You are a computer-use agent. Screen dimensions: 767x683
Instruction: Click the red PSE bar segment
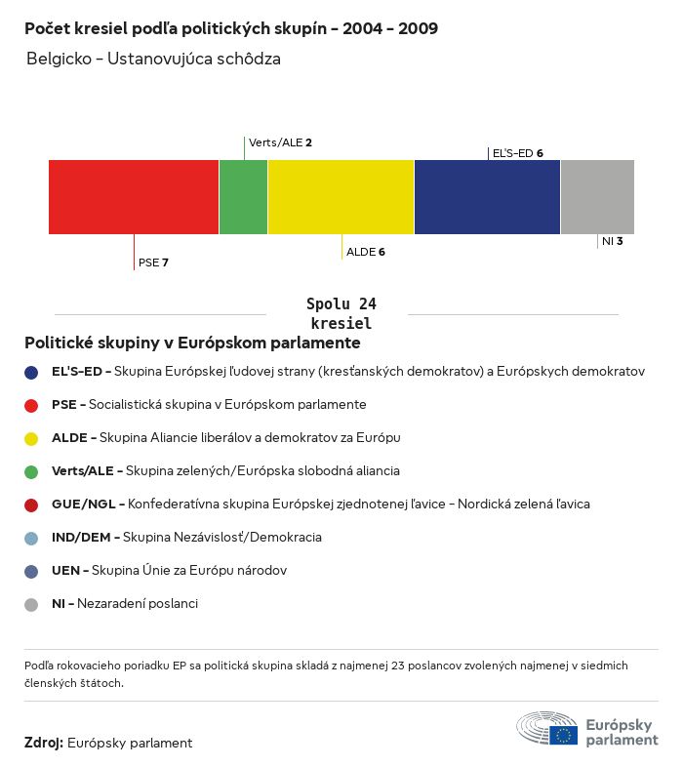pyautogui.click(x=134, y=197)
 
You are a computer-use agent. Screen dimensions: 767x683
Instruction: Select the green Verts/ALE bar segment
pyautogui.click(x=243, y=197)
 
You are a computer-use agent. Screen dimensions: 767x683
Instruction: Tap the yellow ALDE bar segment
pyautogui.click(x=341, y=197)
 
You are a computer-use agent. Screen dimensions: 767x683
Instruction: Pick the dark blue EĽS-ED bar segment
pyautogui.click(x=487, y=197)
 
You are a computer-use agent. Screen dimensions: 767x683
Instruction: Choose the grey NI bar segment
pyautogui.click(x=597, y=197)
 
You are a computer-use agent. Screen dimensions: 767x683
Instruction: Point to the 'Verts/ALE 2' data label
pyautogui.click(x=280, y=142)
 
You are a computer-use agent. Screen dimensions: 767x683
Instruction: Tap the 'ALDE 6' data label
pyautogui.click(x=366, y=252)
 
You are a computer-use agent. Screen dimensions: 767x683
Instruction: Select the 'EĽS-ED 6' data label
pyautogui.click(x=517, y=153)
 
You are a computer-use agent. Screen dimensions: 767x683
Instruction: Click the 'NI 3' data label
pyautogui.click(x=612, y=240)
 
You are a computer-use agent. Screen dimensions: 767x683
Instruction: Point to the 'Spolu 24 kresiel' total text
pyautogui.click(x=341, y=313)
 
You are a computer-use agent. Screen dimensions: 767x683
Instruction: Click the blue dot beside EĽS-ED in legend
pyautogui.click(x=31, y=372)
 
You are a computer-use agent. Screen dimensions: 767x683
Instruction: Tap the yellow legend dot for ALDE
pyautogui.click(x=31, y=438)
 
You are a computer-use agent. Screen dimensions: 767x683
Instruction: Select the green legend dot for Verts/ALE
pyautogui.click(x=31, y=471)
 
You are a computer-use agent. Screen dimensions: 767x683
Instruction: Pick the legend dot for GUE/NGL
pyautogui.click(x=31, y=505)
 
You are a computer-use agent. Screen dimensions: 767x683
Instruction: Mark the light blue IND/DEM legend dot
pyautogui.click(x=31, y=538)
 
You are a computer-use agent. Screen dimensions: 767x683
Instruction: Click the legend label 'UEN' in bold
pyautogui.click(x=64, y=571)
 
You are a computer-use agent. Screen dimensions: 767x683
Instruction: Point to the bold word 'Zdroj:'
pyautogui.click(x=44, y=743)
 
